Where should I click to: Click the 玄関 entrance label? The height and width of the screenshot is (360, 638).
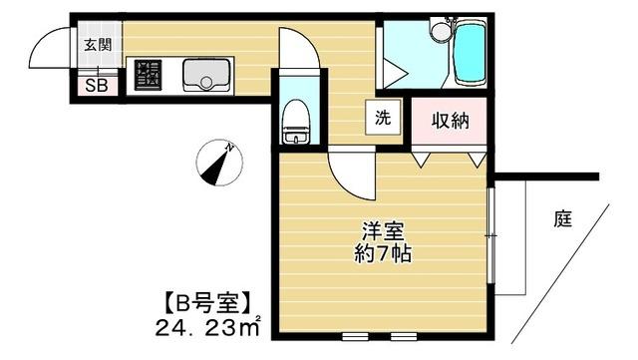(x=98, y=44)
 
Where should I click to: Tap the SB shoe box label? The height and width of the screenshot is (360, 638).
(x=98, y=86)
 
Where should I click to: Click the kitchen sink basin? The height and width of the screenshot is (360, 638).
(x=205, y=75)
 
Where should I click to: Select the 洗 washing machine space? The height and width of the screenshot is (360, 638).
(x=383, y=117)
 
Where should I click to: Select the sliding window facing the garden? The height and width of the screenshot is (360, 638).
(x=492, y=235)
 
